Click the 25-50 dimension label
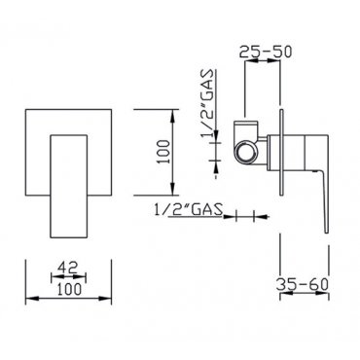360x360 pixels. coord(266,53)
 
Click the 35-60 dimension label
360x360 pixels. coord(303,284)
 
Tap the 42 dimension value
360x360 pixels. coord(68,268)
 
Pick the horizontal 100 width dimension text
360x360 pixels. coord(68,289)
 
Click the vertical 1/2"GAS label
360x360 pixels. coord(207,103)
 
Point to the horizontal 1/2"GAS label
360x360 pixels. coord(189,209)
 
